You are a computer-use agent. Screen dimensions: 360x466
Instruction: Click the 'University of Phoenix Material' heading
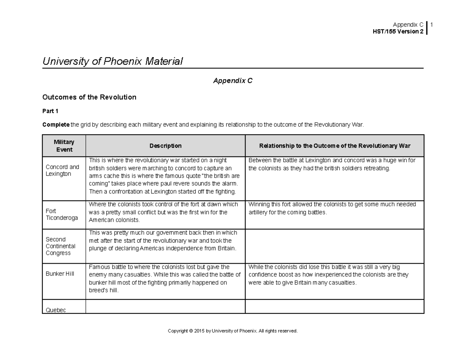tap(113, 61)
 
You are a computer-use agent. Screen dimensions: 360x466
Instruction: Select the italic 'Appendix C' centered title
tap(233, 81)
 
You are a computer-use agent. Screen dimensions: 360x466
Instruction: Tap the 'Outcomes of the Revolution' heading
tap(89, 97)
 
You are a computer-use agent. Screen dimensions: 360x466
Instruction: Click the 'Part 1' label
tap(50, 111)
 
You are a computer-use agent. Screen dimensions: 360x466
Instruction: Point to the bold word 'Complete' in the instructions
tap(56, 125)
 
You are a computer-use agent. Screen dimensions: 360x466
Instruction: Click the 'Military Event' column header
tap(64, 146)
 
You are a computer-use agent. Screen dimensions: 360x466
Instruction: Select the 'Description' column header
tap(165, 146)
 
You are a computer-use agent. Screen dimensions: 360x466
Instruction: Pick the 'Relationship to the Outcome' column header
tap(335, 146)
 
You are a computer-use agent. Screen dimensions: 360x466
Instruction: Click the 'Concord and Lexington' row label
tap(62, 170)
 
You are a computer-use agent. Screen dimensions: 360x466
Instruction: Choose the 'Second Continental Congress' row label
tap(61, 246)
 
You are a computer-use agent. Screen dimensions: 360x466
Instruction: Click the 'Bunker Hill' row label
tap(59, 274)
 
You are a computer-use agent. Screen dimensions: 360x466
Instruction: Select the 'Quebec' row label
tap(56, 310)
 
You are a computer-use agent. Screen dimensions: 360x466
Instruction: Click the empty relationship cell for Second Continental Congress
tap(334, 246)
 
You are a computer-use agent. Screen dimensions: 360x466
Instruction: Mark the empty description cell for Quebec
tap(165, 306)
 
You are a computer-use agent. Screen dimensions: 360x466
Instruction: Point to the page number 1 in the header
tap(431, 25)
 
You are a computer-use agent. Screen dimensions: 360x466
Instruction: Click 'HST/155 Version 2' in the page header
tap(398, 31)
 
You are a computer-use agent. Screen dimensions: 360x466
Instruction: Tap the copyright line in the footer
tap(233, 331)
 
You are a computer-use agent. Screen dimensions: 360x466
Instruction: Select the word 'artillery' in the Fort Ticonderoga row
tap(259, 212)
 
